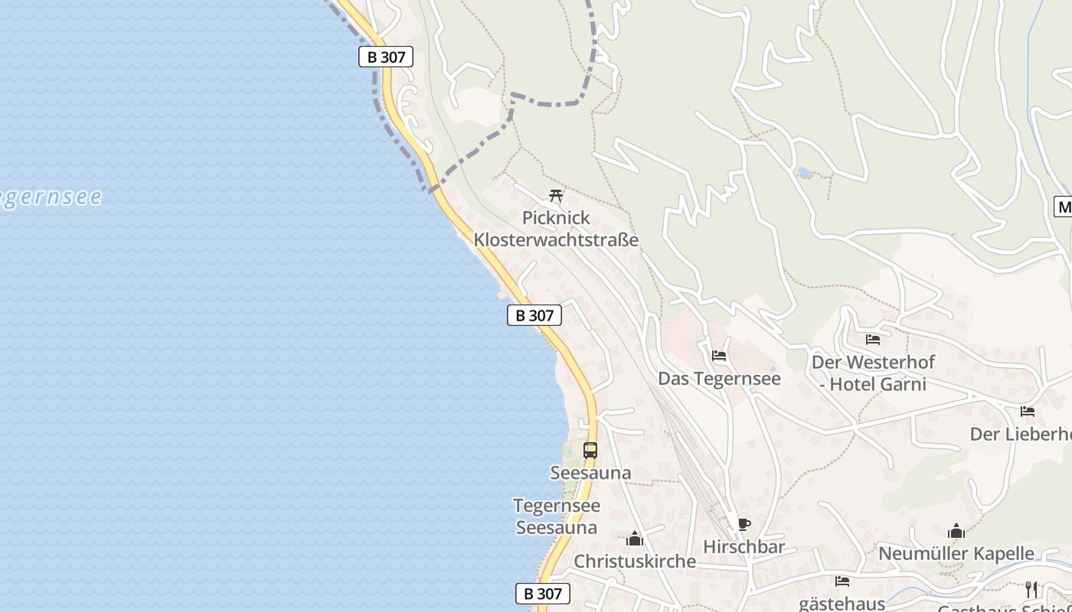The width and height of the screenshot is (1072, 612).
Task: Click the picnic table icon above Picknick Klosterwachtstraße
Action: tap(557, 196)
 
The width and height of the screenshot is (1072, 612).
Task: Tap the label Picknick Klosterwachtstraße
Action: tap(556, 229)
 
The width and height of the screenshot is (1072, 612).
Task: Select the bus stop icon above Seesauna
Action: tap(590, 451)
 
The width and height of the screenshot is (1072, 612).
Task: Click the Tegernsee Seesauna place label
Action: tap(557, 516)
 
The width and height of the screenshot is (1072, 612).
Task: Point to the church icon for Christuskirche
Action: tap(635, 539)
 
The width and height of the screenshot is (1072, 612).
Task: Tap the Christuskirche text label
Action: tap(635, 562)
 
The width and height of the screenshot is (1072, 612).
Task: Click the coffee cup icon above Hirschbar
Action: tap(744, 524)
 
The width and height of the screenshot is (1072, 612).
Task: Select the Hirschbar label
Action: tap(744, 547)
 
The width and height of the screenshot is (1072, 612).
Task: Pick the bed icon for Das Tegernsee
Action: tap(719, 356)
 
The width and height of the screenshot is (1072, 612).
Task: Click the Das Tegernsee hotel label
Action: tap(719, 379)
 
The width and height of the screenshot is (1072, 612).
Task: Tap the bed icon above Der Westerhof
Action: tap(873, 339)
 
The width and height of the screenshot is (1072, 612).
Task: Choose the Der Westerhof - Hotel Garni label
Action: tap(873, 373)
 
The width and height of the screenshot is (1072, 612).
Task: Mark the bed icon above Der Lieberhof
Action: tap(1028, 412)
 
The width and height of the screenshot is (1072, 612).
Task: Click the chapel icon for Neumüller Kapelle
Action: tap(956, 531)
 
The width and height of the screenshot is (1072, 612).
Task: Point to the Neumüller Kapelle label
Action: tap(956, 553)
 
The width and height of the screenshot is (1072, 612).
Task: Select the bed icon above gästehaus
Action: tap(842, 581)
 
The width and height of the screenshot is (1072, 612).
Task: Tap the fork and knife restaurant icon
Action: tap(1031, 589)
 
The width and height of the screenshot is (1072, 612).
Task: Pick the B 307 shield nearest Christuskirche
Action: tap(543, 594)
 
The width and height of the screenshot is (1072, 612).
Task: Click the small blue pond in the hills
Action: tap(804, 173)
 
